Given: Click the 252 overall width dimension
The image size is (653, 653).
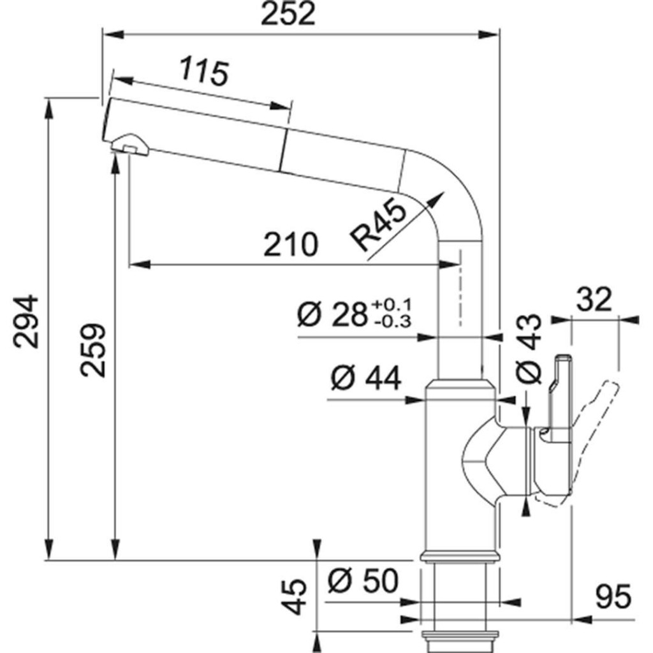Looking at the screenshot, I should point(289,14).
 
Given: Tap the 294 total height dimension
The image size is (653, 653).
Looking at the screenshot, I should point(27,321).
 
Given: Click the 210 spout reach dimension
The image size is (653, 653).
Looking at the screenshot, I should point(290,244).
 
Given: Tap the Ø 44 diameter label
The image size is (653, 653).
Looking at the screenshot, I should point(365,379).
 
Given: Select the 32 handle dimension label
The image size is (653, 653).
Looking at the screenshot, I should point(594,298).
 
